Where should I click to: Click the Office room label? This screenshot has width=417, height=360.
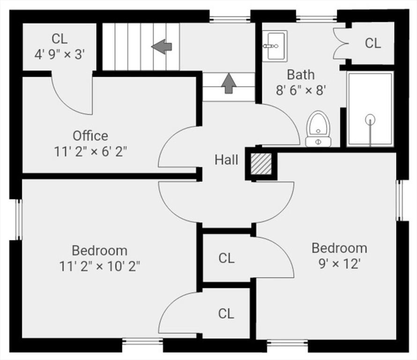pyautogui.click(x=90, y=136)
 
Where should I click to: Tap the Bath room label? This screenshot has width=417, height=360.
pyautogui.click(x=300, y=75)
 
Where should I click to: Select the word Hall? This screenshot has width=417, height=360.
pyautogui.click(x=226, y=160)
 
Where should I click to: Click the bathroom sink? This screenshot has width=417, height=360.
pyautogui.click(x=274, y=46)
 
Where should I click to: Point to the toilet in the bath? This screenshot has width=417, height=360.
pyautogui.click(x=318, y=129)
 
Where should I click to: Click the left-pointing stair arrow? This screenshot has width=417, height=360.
pyautogui.click(x=162, y=46)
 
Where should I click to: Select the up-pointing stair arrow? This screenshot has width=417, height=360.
pyautogui.click(x=228, y=82)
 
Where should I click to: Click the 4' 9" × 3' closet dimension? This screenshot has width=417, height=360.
pyautogui.click(x=60, y=54)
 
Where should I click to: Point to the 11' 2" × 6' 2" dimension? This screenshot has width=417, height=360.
pyautogui.click(x=90, y=152)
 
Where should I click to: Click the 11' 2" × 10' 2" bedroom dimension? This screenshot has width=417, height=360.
pyautogui.click(x=99, y=266)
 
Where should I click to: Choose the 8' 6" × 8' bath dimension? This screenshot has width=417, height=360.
pyautogui.click(x=300, y=90)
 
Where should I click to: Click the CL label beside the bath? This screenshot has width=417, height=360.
pyautogui.click(x=373, y=44)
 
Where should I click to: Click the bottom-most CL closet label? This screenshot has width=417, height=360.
pyautogui.click(x=226, y=314)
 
